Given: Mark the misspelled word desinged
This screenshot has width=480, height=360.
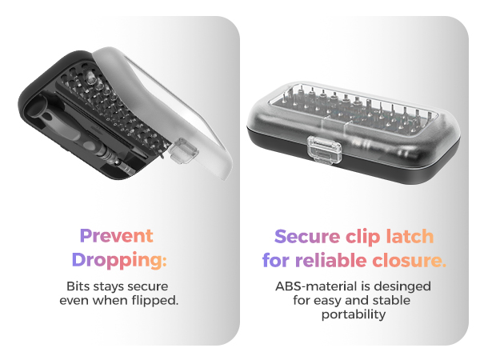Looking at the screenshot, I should pyautogui.click(x=405, y=286).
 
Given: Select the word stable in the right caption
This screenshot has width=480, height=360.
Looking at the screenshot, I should pyautogui.click(x=389, y=300).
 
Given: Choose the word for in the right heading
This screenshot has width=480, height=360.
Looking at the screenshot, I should pyautogui.click(x=276, y=260).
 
